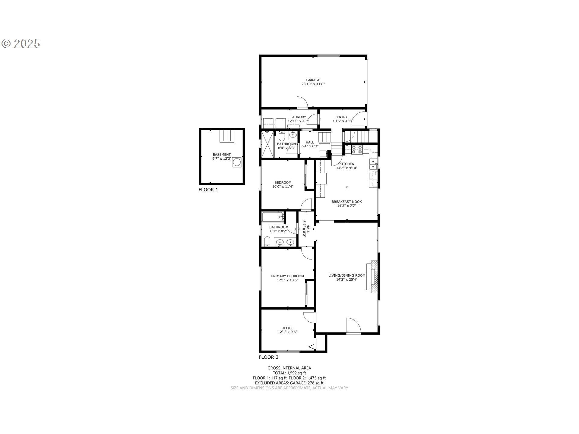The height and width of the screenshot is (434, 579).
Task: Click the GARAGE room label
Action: click(313, 80)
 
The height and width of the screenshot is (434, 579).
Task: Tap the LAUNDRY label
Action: click(298, 117)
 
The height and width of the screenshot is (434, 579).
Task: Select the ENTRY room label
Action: click(342, 117)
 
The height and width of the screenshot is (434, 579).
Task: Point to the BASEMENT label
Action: click(222, 155)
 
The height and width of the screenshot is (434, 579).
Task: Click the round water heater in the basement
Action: click(237, 162)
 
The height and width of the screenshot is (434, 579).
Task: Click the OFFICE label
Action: click(287, 328)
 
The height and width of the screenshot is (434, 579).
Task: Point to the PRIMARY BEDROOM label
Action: click(287, 276)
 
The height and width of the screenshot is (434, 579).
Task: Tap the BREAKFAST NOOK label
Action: click(346, 202)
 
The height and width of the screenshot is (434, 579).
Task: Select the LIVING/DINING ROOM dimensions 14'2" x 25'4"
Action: click(347, 279)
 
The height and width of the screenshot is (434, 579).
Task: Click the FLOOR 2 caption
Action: click(268, 357)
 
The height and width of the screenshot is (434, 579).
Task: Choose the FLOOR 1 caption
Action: click(208, 190)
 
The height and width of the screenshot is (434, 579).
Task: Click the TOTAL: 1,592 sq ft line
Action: click(289, 373)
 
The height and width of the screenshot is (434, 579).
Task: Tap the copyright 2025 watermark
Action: click(21, 44)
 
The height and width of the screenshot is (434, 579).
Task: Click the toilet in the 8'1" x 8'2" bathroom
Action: click(267, 241)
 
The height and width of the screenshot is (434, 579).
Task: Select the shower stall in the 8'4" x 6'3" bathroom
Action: click(268, 144)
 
